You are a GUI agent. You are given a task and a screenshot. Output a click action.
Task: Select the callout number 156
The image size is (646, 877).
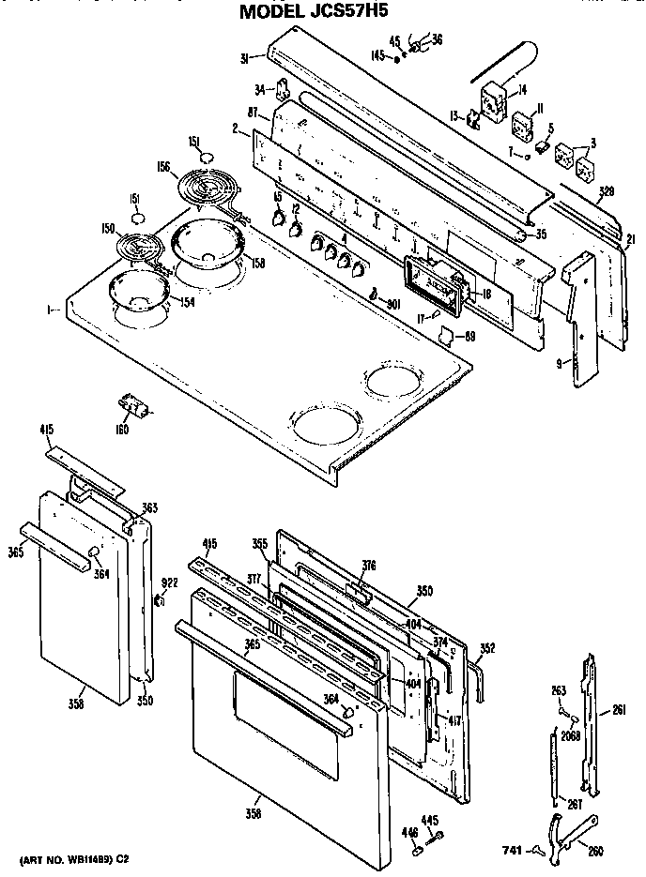(x=164, y=168)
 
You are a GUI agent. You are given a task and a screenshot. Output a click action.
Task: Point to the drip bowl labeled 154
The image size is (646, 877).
(x=136, y=292)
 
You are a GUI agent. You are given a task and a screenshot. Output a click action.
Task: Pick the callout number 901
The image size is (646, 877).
(x=392, y=302)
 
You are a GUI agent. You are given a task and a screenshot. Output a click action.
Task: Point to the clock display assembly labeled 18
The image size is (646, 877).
(x=434, y=285)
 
